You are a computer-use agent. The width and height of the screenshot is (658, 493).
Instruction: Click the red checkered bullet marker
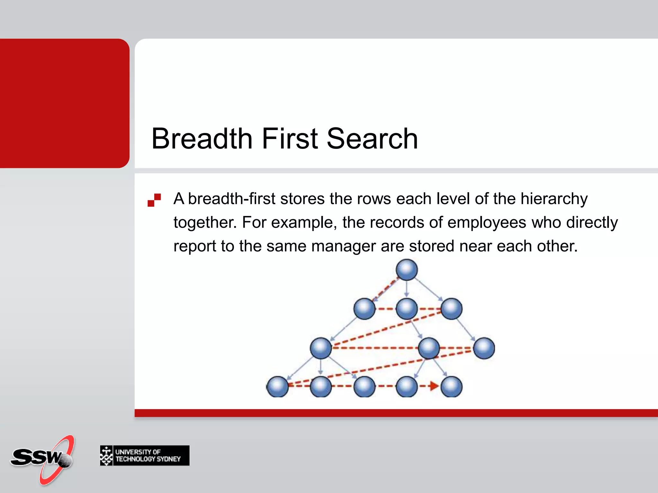coord(154,200)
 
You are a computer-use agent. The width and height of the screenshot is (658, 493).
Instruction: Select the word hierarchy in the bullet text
coord(554,199)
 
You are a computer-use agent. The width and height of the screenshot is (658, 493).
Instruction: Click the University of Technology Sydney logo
coord(145,455)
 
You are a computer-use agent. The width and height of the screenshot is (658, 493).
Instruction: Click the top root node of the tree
coord(407,270)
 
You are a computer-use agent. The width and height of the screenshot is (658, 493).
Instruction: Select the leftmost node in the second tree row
coord(364,309)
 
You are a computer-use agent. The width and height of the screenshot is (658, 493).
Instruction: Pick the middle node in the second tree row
coord(407,309)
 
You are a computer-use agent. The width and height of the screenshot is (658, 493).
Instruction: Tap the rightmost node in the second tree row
coord(451,309)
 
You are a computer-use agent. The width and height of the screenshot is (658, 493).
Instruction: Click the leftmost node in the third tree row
coord(321,348)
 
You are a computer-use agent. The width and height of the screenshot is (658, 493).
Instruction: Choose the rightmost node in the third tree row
coord(484,348)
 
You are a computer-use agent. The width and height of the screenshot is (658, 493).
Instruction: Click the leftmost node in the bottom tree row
coord(278,386)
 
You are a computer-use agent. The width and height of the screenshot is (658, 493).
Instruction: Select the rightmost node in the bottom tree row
coord(451,386)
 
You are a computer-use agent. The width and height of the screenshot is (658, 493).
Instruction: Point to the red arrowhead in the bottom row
coord(434,386)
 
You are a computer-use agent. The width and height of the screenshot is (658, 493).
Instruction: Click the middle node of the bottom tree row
coord(364,386)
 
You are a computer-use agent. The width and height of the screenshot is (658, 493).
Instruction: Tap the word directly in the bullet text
coord(592,222)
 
